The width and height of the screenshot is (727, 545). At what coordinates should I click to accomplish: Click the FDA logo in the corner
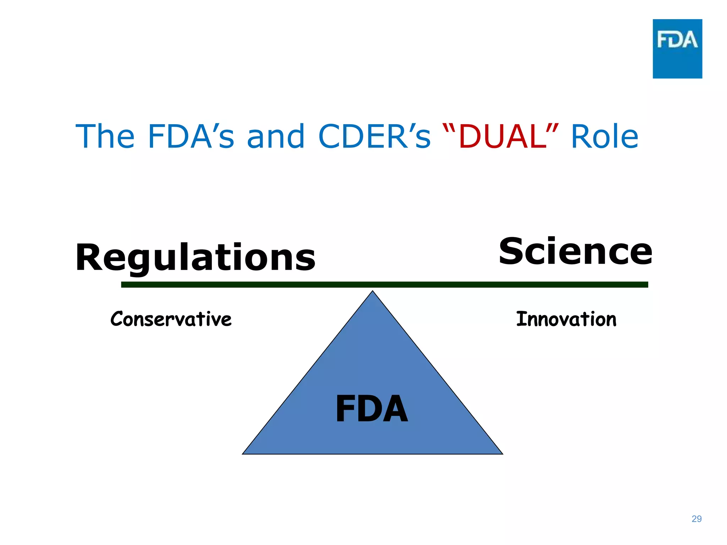[x=677, y=49]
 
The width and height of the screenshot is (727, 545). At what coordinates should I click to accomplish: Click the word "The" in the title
[x=105, y=137]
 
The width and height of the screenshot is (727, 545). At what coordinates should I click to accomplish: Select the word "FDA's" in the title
[x=191, y=137]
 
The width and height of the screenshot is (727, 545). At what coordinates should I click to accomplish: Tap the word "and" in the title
[x=276, y=137]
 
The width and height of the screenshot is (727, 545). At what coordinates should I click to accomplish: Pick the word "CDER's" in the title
[x=374, y=137]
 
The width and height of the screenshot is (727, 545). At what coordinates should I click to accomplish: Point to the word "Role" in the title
[x=604, y=137]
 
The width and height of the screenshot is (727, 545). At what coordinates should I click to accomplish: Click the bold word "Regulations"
[x=195, y=258]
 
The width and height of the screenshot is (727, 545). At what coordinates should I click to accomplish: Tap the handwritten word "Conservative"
[x=171, y=319]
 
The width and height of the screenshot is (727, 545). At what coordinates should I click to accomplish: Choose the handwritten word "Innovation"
[x=566, y=319]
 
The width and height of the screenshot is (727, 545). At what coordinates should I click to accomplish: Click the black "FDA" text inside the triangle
[x=372, y=409]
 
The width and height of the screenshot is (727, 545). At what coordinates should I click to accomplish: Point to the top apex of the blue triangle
[x=372, y=292]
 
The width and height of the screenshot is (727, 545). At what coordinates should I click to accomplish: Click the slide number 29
[x=696, y=519]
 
